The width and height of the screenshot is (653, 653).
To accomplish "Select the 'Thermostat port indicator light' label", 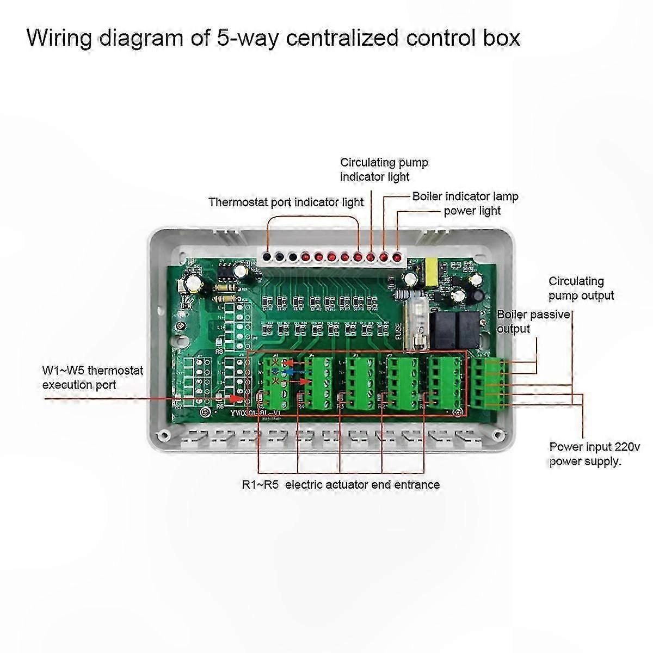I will pyautogui.click(x=286, y=202).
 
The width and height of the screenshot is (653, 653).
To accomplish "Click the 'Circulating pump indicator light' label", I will pyautogui.click(x=384, y=169).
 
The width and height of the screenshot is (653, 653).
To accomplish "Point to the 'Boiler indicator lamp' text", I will pyautogui.click(x=465, y=196).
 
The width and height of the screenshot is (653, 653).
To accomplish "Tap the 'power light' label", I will pyautogui.click(x=472, y=211).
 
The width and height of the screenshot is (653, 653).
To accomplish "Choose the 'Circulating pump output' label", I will pyautogui.click(x=581, y=288).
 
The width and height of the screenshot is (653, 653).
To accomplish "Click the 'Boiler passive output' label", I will pyautogui.click(x=533, y=322).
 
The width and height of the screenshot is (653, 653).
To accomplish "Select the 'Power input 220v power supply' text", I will pyautogui.click(x=594, y=454).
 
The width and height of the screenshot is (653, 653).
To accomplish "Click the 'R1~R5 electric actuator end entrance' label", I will pyautogui.click(x=341, y=484).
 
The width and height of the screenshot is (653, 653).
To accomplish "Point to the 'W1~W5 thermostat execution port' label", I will pyautogui.click(x=93, y=378).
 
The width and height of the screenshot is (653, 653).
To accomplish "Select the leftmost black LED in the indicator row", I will pyautogui.click(x=267, y=256).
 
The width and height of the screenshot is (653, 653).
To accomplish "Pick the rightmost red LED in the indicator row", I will pyautogui.click(x=397, y=256).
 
